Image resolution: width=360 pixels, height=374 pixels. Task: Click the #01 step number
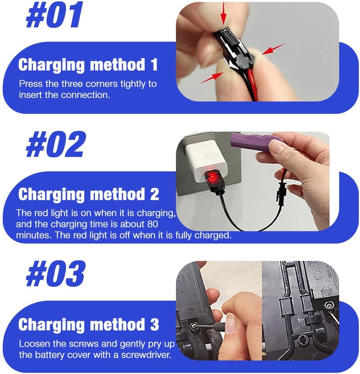54,15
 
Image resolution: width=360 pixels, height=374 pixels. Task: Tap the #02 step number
56,144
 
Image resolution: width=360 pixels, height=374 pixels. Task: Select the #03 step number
56,273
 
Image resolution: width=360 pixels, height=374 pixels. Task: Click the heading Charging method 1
88,65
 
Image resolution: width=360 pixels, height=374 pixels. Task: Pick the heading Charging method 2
88,195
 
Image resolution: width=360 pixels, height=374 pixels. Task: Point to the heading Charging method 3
88,324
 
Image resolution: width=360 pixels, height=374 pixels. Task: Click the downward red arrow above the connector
223,14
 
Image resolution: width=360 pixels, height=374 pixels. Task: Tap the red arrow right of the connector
273,49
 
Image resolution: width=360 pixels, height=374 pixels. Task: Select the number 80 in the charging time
152,224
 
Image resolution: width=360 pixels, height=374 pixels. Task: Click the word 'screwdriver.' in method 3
146,355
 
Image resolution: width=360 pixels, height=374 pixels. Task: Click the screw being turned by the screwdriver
194,326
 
